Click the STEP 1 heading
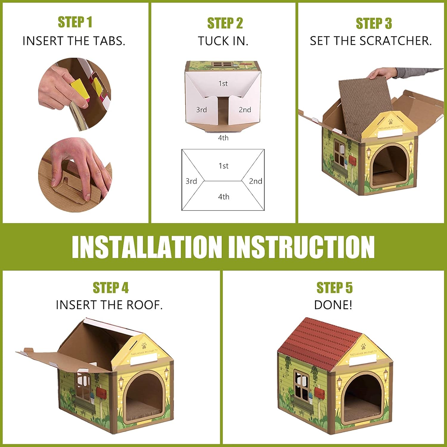point(75,22)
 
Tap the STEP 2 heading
point(225,23)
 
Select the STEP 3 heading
point(374,23)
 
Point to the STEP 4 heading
point(111,288)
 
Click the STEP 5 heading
point(334,288)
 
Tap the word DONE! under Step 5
point(333,305)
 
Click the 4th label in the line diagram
point(223,197)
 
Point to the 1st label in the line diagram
point(223,166)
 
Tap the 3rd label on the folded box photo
point(201,110)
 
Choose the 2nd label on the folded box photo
point(245,110)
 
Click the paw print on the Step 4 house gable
point(145,346)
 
